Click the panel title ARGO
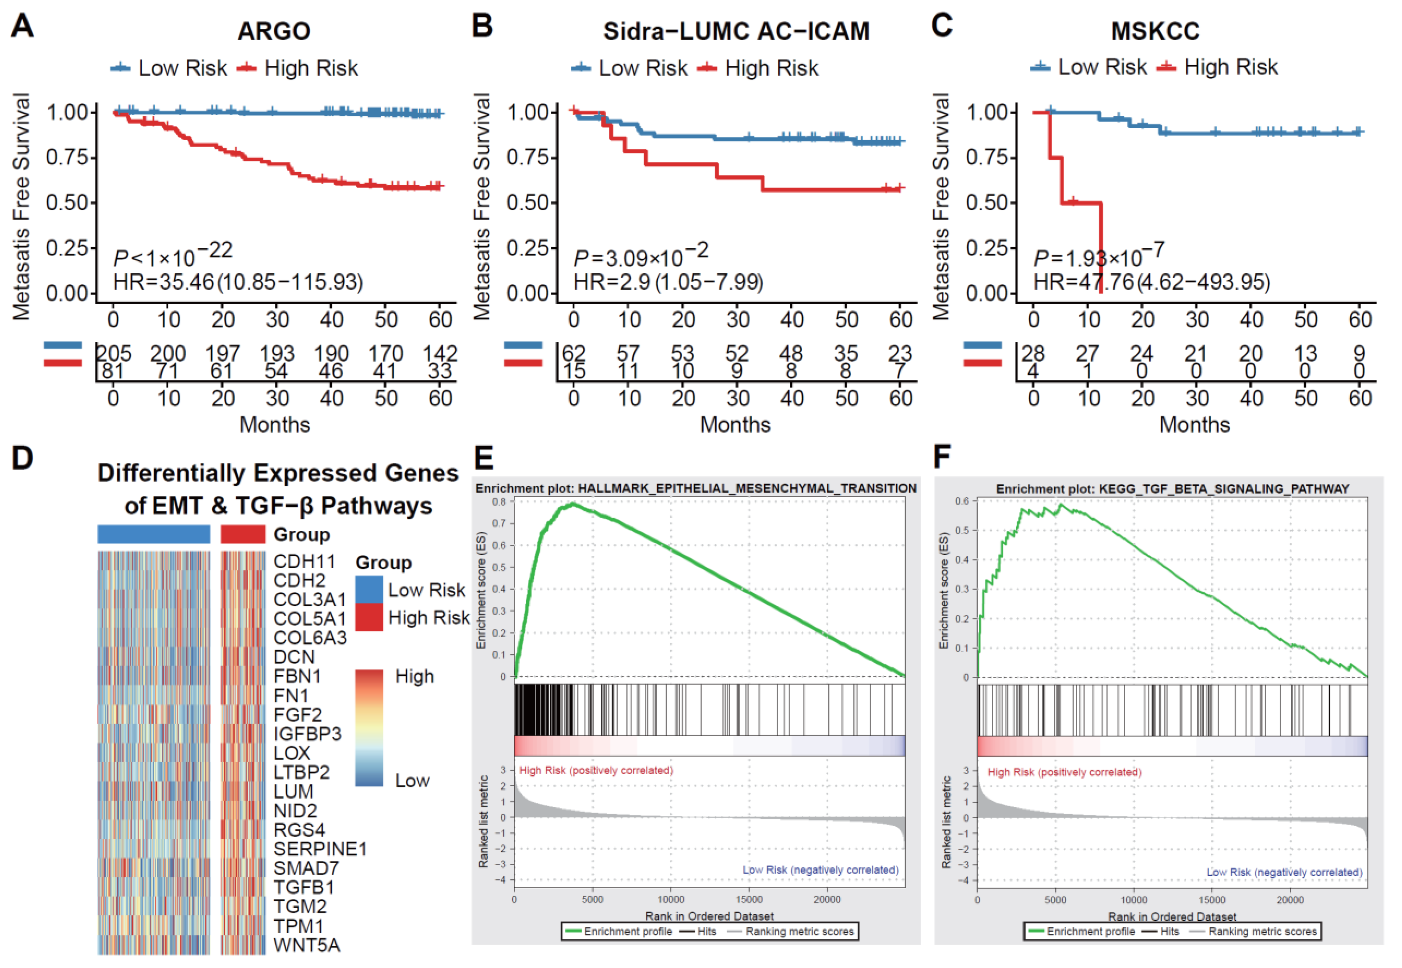(x=274, y=31)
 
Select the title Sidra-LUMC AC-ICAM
(x=736, y=31)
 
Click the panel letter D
(x=23, y=458)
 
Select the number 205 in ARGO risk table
(x=114, y=353)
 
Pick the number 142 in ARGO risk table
(x=440, y=353)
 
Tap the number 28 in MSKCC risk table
(x=1034, y=353)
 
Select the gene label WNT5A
(x=307, y=945)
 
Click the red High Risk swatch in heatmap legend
(x=368, y=617)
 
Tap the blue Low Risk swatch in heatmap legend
(x=368, y=589)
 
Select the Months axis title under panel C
(x=1194, y=425)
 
